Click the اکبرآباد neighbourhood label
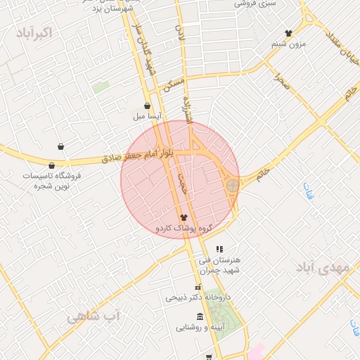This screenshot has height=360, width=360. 33,32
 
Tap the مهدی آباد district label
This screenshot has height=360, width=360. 323,268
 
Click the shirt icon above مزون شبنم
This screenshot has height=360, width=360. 288,33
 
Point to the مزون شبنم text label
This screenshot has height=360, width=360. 288,44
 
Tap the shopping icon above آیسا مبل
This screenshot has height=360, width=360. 147,106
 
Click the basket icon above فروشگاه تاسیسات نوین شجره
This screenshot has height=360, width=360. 62,147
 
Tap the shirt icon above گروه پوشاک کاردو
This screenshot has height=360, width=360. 184,217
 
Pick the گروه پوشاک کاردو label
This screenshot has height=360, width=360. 184,229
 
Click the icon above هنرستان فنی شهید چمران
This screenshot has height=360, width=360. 219,249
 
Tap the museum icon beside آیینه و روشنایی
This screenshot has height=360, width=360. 200,316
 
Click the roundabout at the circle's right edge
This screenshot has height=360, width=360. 232,185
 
